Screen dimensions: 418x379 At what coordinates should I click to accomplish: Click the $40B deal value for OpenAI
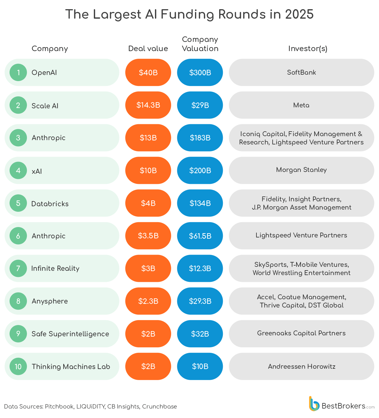pyautogui.click(x=148, y=73)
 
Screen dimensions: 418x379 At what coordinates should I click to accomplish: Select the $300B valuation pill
pyautogui.click(x=200, y=73)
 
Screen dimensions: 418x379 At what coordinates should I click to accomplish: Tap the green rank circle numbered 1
pyautogui.click(x=18, y=73)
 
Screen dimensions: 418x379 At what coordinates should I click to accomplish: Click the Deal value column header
pyautogui.click(x=148, y=49)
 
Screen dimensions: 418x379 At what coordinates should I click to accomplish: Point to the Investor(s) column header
pyautogui.click(x=308, y=49)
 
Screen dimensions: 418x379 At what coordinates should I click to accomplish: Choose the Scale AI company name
pyautogui.click(x=45, y=106)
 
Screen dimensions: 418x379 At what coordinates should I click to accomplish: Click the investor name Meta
pyautogui.click(x=301, y=105)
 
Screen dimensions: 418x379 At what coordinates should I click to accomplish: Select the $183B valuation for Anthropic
pyautogui.click(x=200, y=138)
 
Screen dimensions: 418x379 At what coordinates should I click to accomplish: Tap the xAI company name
pyautogui.click(x=37, y=171)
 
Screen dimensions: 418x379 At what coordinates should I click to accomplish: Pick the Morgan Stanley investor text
pyautogui.click(x=301, y=170)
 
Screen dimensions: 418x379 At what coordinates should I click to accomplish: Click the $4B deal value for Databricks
pyautogui.click(x=148, y=203)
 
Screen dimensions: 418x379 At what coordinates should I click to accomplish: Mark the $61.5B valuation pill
pyautogui.click(x=200, y=236)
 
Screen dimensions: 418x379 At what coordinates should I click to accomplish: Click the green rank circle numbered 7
pyautogui.click(x=18, y=268)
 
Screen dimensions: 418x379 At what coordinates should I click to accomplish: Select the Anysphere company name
pyautogui.click(x=50, y=301)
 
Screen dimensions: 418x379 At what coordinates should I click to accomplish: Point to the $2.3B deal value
pyautogui.click(x=148, y=301)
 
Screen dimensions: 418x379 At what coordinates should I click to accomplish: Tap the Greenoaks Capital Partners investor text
pyautogui.click(x=301, y=333)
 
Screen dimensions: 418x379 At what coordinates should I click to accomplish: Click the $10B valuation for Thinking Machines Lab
pyautogui.click(x=200, y=366)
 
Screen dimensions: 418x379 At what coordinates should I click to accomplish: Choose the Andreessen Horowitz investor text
pyautogui.click(x=302, y=367)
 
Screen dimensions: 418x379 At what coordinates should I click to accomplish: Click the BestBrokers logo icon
pyautogui.click(x=314, y=404)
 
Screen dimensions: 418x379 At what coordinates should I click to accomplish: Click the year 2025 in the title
pyautogui.click(x=299, y=14)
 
